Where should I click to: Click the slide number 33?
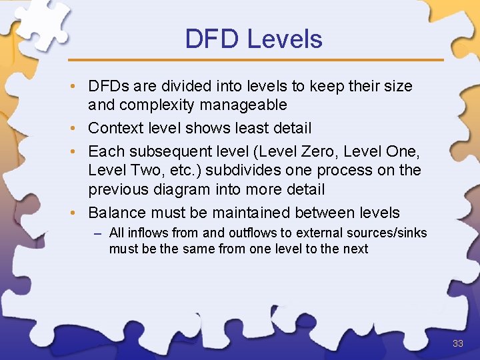(x=458, y=343)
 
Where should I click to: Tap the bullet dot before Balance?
(x=79, y=213)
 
